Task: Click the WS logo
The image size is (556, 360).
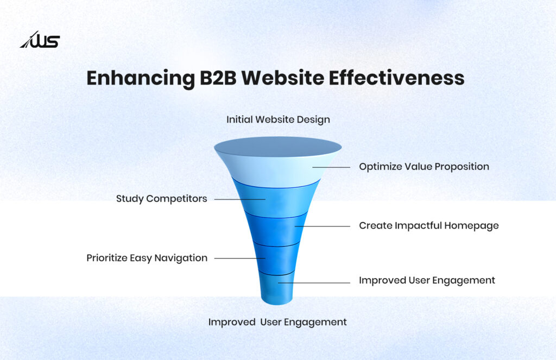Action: (x=40, y=40)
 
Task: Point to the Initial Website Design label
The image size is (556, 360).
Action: (x=278, y=119)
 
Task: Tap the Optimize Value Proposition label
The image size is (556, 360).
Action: (x=424, y=167)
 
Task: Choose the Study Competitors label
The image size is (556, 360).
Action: (x=161, y=199)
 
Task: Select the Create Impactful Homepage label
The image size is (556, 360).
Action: (x=428, y=225)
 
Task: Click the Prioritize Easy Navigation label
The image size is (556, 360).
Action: (x=147, y=258)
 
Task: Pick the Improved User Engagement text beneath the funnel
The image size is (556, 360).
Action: (x=277, y=322)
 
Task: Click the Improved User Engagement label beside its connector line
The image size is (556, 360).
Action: (x=427, y=281)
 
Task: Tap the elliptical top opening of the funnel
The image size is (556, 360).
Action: (x=277, y=147)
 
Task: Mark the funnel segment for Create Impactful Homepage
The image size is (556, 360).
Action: (x=277, y=228)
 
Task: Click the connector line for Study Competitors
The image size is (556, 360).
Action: (x=239, y=199)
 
